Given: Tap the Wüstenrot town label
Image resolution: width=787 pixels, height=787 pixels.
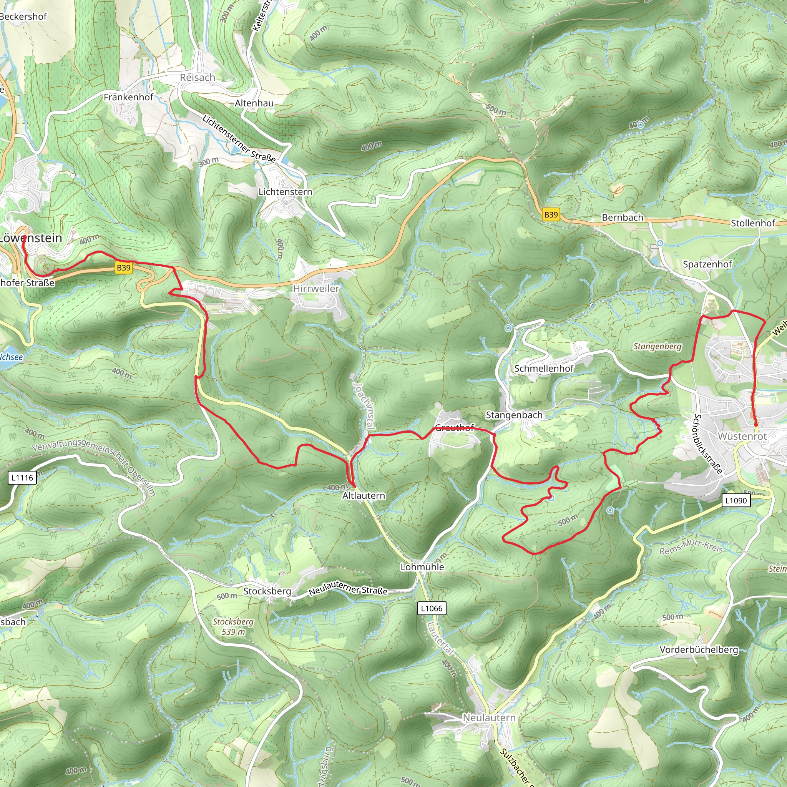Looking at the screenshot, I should [x=742, y=436].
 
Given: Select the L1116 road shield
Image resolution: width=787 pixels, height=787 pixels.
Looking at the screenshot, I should [x=22, y=478].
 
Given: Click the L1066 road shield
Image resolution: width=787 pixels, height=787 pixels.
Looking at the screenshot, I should [x=432, y=609].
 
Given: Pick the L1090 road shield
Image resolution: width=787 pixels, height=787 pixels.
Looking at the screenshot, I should [x=736, y=501].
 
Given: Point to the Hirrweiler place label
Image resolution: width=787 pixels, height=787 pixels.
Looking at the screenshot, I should [x=316, y=289].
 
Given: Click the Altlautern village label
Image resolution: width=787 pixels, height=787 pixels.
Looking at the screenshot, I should [x=364, y=496].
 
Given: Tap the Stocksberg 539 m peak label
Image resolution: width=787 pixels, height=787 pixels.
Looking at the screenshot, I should [x=233, y=627].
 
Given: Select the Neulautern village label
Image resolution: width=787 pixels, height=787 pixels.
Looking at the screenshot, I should [x=489, y=718].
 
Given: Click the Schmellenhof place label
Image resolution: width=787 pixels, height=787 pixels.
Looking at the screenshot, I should [x=544, y=369].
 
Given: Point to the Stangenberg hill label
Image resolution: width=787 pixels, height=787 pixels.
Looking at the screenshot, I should [x=657, y=347].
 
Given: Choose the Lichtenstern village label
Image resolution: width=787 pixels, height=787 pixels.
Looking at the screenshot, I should [x=286, y=192].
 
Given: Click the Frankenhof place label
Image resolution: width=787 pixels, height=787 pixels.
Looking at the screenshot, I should [x=128, y=97].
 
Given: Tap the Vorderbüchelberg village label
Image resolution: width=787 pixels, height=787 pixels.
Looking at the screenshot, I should [x=699, y=650].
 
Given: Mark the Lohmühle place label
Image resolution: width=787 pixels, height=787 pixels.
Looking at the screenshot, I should [x=422, y=567].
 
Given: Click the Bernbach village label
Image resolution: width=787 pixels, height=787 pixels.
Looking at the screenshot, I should [x=623, y=218].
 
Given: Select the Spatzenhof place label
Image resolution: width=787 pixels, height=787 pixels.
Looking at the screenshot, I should [x=707, y=264].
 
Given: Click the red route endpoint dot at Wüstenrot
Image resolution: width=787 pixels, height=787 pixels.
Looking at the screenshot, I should [x=756, y=425].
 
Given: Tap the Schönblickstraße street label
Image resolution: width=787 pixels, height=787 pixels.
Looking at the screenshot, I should [x=707, y=444].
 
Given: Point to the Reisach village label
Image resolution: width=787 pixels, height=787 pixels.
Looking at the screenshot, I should [x=198, y=77].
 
